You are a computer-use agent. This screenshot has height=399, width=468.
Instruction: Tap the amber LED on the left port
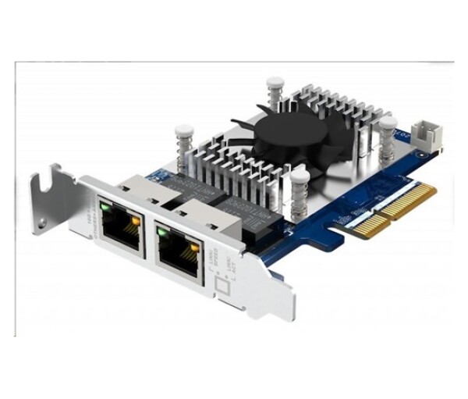coord(136,221)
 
